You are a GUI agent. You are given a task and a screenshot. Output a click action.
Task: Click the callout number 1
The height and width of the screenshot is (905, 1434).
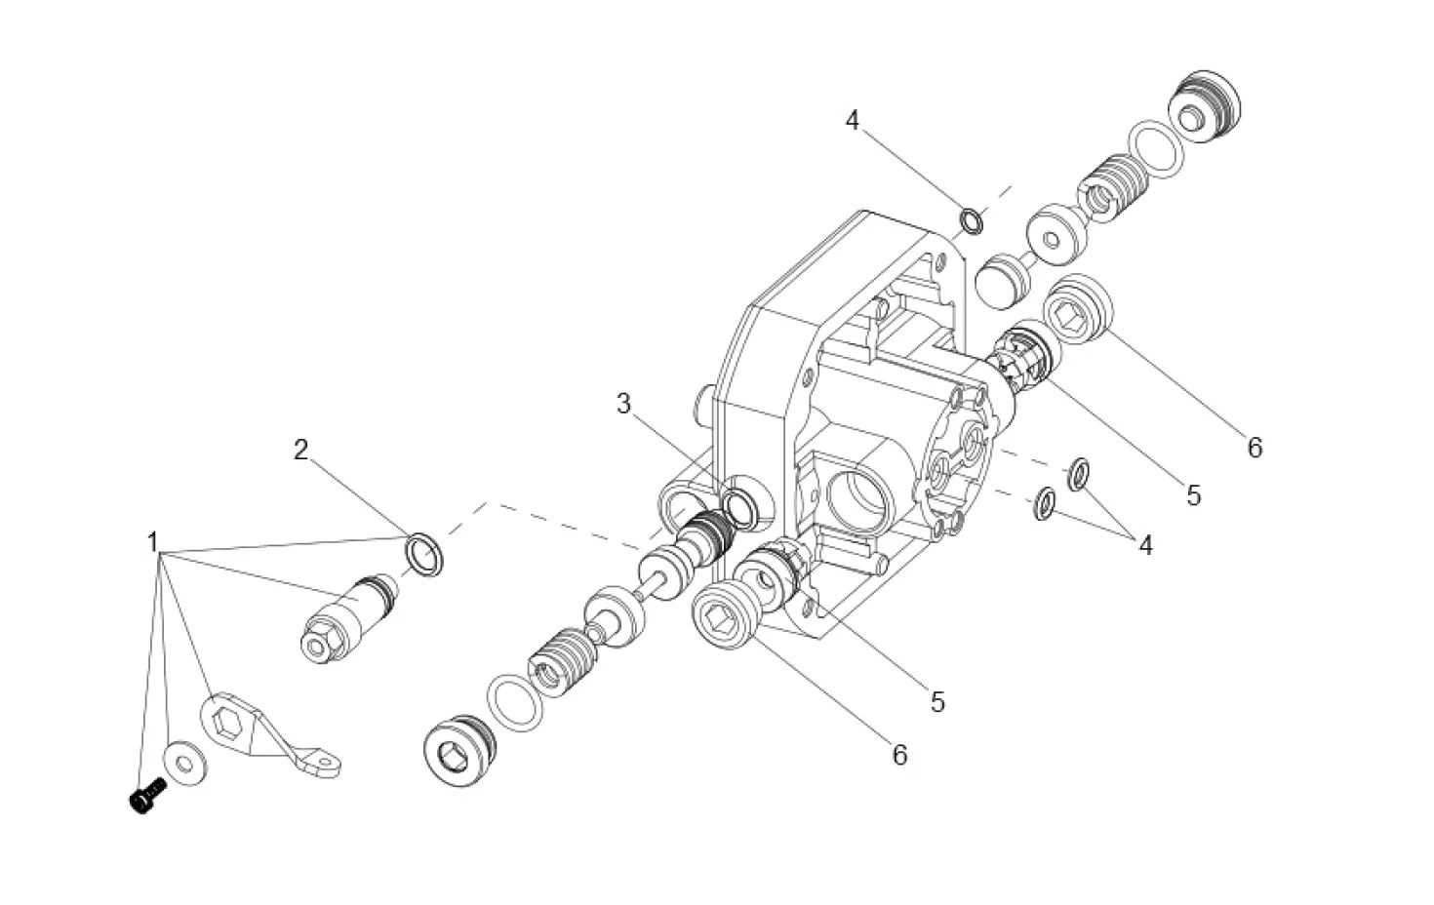[x=152, y=541]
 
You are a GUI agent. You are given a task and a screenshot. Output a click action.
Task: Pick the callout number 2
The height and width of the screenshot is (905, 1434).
[x=300, y=450]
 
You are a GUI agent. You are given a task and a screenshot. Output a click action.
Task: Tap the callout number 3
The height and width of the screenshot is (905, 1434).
[x=624, y=404]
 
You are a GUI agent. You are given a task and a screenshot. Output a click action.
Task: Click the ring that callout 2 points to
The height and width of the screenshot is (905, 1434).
[x=425, y=554]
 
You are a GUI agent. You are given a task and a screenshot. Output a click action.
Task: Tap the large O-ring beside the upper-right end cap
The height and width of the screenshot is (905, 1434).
[x=1157, y=149]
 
